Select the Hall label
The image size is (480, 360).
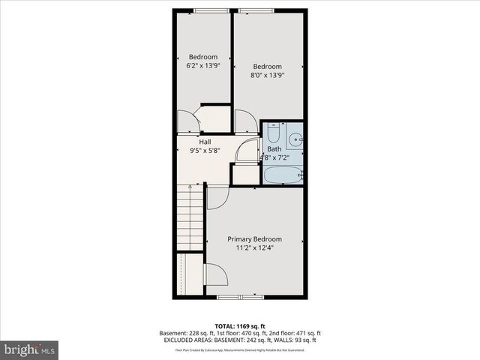205,142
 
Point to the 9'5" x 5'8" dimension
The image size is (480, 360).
205,150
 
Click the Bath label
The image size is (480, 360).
274,149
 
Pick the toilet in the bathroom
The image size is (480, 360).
273,133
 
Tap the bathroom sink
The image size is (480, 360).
295,139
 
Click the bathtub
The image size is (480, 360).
282,176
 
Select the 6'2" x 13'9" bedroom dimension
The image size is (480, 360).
202,66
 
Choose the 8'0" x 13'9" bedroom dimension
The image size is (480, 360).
267,74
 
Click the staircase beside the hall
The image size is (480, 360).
190,217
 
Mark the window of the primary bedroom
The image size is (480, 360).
240,297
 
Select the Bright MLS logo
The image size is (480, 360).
30,349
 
